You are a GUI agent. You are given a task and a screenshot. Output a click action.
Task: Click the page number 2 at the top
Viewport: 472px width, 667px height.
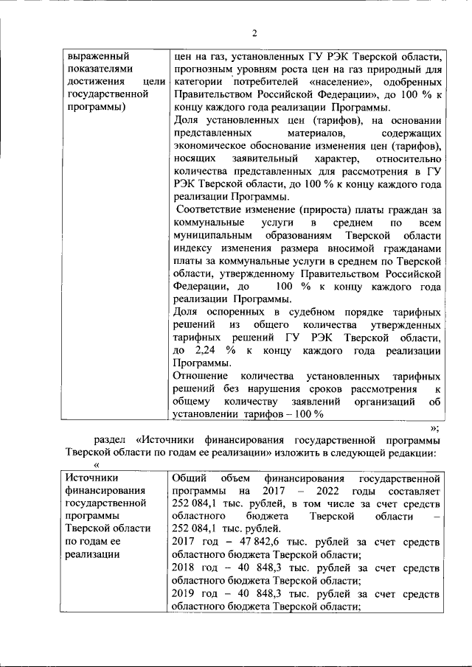pos(254,33)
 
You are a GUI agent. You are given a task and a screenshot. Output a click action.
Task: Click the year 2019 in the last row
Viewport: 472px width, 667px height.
pos(184,593)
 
